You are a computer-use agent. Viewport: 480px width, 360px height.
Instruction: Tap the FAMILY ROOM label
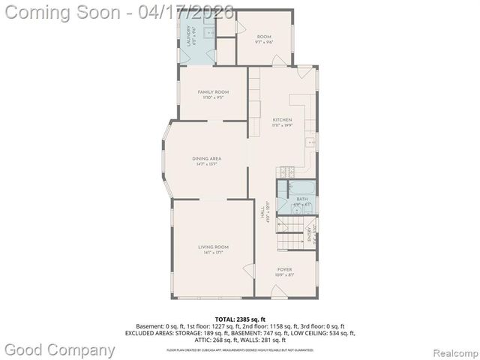tap(213, 91)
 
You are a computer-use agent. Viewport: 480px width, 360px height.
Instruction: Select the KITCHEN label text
tap(282, 119)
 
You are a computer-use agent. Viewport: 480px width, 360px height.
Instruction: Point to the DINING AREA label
tap(205, 158)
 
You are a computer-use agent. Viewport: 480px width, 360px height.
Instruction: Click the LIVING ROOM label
tap(213, 247)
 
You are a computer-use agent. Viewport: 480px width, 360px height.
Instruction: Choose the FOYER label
tap(285, 268)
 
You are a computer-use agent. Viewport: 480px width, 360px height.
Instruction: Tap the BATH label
tap(301, 199)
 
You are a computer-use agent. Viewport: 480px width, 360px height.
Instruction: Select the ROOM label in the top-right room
tap(264, 36)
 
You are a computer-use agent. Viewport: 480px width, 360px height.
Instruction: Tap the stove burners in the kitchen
tap(284, 172)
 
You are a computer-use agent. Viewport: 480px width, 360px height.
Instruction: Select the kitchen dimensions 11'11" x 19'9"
tap(282, 125)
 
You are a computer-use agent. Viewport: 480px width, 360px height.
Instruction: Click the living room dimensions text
tap(213, 253)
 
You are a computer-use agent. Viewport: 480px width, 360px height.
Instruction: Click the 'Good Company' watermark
tap(60, 349)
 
